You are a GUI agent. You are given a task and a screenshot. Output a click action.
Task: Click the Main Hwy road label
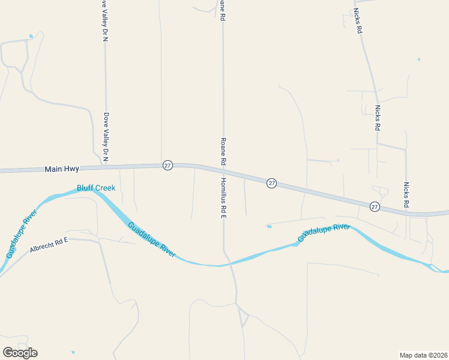click(x=62, y=170)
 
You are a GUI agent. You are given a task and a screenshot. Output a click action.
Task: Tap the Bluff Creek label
click(x=95, y=188)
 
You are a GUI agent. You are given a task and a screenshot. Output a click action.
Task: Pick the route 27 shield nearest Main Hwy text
click(x=167, y=165)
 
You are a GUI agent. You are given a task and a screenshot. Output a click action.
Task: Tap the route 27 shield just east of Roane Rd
click(x=271, y=183)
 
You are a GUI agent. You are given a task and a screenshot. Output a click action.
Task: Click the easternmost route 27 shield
click(x=375, y=206)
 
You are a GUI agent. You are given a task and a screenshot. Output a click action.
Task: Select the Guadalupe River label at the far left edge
click(x=22, y=234)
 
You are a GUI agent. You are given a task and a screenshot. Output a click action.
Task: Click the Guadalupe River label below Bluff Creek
click(x=151, y=239)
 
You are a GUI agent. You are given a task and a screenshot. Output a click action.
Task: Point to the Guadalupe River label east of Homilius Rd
click(x=324, y=233)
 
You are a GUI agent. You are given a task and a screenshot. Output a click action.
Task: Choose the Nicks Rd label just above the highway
click(x=406, y=195)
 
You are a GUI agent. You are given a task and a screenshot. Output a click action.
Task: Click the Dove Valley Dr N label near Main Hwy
click(x=106, y=136)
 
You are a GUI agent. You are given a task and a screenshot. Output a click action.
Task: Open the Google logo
click(x=20, y=353)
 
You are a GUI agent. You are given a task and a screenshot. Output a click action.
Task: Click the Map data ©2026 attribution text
click(x=423, y=355)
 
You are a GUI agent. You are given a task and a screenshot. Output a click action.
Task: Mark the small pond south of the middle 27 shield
click(x=268, y=226)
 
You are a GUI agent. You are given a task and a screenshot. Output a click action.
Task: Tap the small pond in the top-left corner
click(x=31, y=37)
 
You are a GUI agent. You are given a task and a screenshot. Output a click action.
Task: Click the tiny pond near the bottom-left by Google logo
click(x=73, y=352)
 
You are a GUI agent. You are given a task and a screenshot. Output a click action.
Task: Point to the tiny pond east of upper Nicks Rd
click(x=418, y=59)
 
